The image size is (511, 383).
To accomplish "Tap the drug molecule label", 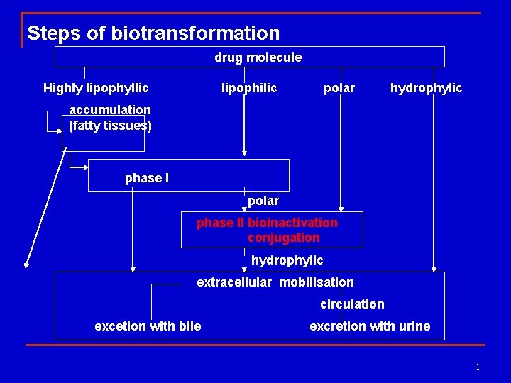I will pyautogui.click(x=258, y=57).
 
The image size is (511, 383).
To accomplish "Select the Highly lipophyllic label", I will pyautogui.click(x=96, y=88).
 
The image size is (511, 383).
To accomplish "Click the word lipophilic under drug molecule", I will pyautogui.click(x=249, y=88).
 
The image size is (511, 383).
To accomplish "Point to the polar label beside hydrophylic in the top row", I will pyautogui.click(x=339, y=88).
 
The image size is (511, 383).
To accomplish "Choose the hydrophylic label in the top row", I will pyautogui.click(x=426, y=88).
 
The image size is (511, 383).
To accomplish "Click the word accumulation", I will pyautogui.click(x=110, y=110).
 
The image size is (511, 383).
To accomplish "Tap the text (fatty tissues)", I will pyautogui.click(x=110, y=126).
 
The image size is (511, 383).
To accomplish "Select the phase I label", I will pyautogui.click(x=147, y=178).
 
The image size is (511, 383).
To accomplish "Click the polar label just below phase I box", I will pyautogui.click(x=263, y=201).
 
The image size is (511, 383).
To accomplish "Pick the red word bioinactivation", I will pyautogui.click(x=292, y=223).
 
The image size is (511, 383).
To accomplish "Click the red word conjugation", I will pyautogui.click(x=284, y=238).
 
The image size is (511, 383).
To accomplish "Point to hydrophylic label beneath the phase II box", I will pyautogui.click(x=287, y=260).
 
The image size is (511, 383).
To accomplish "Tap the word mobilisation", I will pyautogui.click(x=317, y=282).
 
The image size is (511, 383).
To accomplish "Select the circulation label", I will pyautogui.click(x=352, y=304).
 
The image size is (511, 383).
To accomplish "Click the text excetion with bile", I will pyautogui.click(x=148, y=326).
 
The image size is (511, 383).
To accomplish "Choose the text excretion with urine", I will pyautogui.click(x=370, y=326).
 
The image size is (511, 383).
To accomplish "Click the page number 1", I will pyautogui.click(x=478, y=367).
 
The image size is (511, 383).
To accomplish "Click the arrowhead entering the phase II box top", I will pyautogui.click(x=341, y=209).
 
